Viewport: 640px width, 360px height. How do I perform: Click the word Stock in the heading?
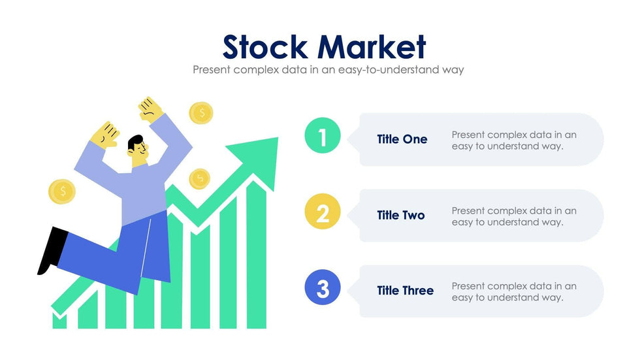point(265,46)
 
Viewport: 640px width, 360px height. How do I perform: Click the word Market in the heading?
point(372,46)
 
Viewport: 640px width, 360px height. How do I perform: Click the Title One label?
point(402,139)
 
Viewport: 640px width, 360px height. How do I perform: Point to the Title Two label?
point(401,215)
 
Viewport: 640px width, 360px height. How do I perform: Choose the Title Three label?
point(405,291)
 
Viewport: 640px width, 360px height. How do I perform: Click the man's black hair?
point(136,141)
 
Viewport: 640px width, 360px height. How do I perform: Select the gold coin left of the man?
point(62,191)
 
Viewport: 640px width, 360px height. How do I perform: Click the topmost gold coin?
point(201,113)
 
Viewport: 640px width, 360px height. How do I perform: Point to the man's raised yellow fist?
point(151,110)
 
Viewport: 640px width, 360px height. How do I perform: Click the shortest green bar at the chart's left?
point(59,321)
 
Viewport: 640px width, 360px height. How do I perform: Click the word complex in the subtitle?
point(253,69)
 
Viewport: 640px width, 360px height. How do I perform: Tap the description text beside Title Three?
point(514,291)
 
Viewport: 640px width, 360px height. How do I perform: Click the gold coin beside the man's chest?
point(199,178)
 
